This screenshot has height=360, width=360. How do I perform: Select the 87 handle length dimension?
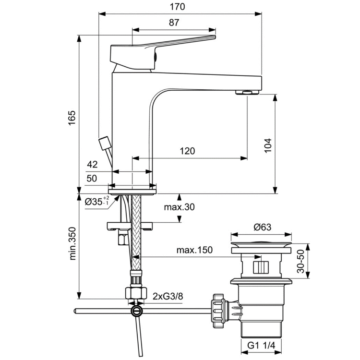tap(174, 23)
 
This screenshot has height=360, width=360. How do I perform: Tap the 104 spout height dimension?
tap(268, 145)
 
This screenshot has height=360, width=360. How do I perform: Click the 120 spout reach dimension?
tap(187, 151)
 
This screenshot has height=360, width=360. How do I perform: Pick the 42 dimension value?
tap(92, 165)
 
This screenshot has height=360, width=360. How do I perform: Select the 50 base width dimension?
tap(92, 179)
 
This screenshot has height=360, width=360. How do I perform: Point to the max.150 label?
tap(194, 250)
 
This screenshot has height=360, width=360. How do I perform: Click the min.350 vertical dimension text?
tap(72, 244)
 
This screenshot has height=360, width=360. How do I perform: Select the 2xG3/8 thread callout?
tap(168, 296)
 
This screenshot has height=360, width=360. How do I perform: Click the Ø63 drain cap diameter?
tap(262, 227)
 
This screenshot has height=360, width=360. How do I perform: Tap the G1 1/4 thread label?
tap(262, 346)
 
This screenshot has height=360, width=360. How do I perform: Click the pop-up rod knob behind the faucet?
tap(104, 143)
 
